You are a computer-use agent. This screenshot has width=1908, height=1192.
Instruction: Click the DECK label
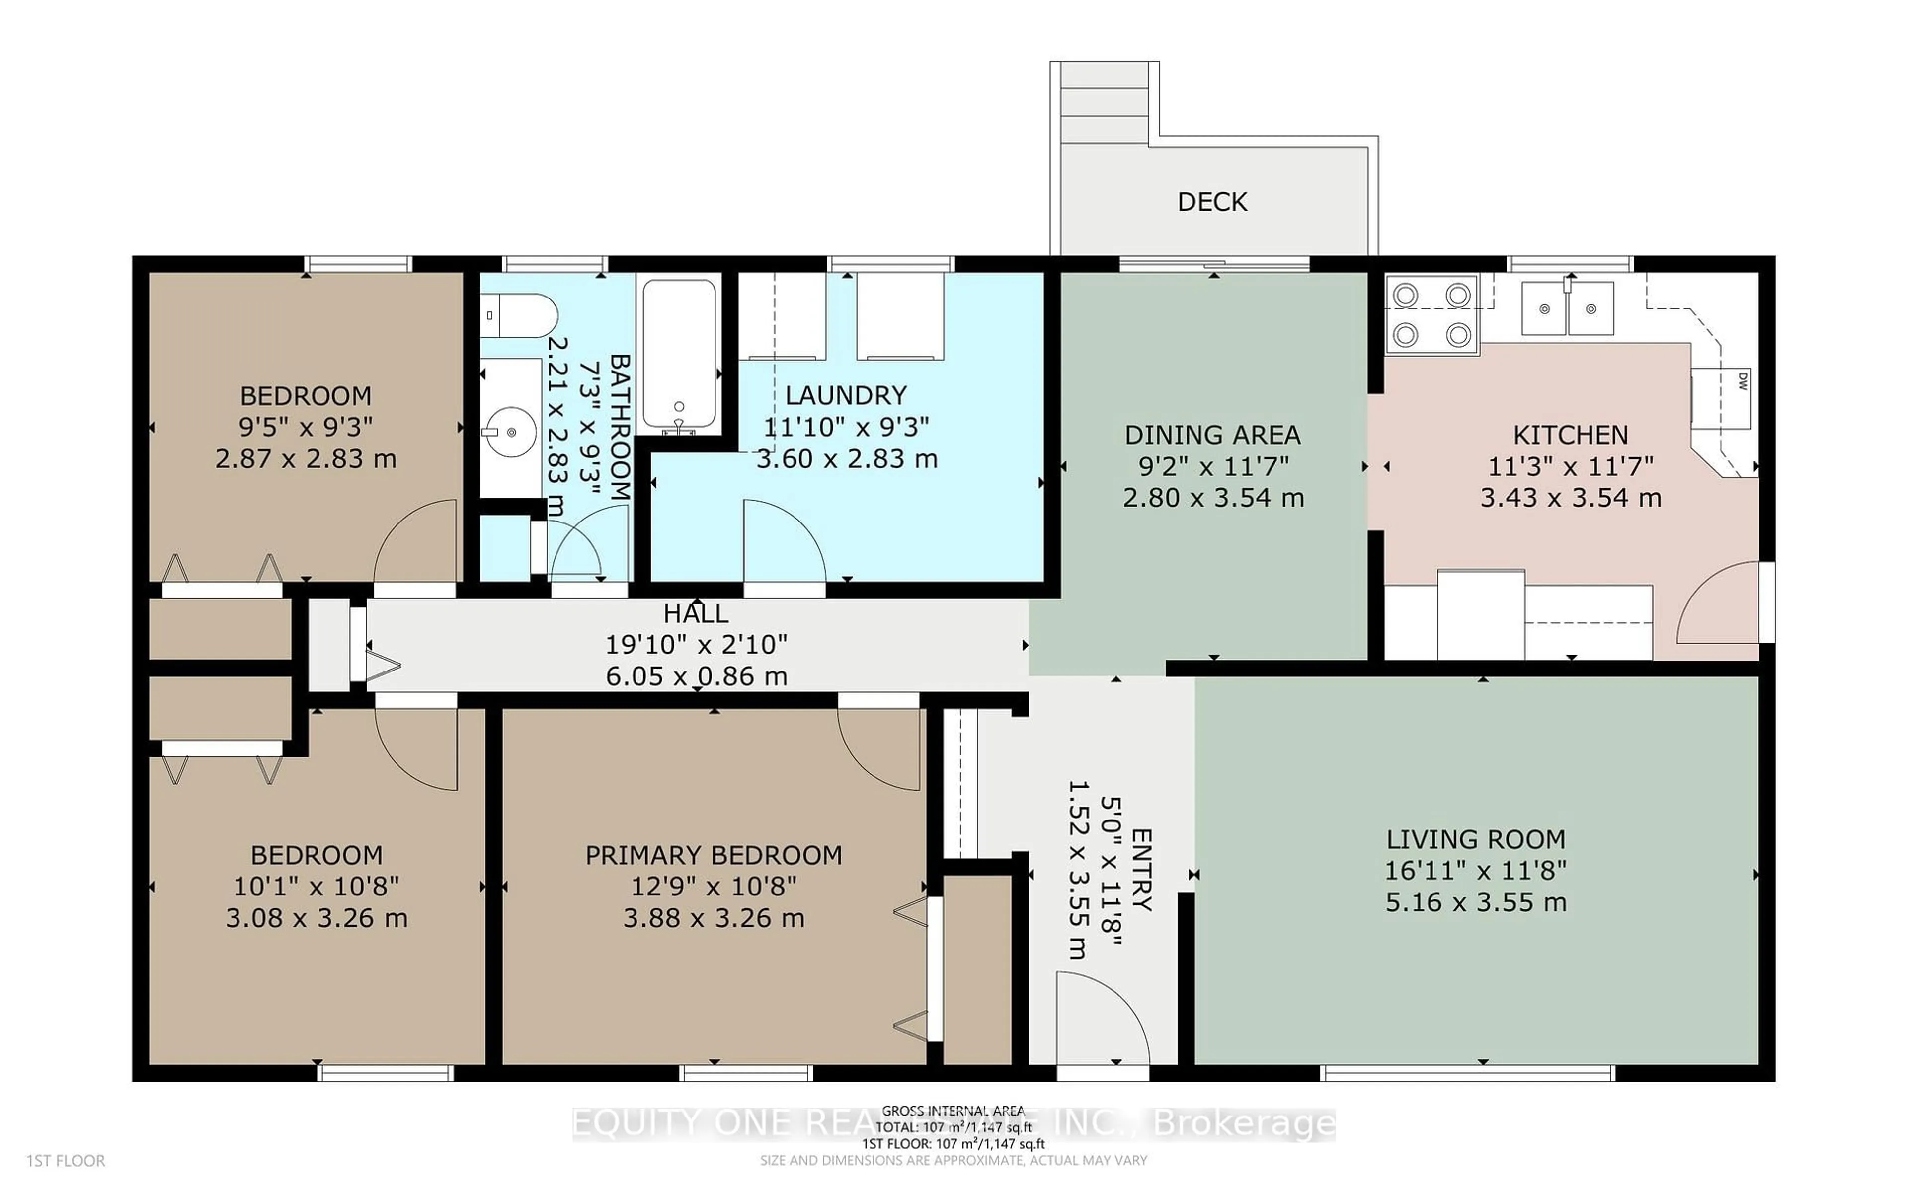tap(1212, 202)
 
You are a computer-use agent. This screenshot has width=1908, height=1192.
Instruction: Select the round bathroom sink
tap(511, 432)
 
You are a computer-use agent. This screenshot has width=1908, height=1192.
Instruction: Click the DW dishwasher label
tap(1743, 381)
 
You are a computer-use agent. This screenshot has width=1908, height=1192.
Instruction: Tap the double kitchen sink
tap(1568, 309)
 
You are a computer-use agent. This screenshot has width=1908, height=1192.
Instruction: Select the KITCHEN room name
tap(1570, 435)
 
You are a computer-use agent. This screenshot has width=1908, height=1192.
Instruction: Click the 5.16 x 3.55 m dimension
tap(1476, 902)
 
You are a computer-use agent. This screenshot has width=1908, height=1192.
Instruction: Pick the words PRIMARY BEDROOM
tap(714, 855)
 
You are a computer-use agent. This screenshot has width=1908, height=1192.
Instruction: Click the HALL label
tap(696, 613)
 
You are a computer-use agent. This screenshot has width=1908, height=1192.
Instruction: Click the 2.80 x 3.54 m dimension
tap(1213, 498)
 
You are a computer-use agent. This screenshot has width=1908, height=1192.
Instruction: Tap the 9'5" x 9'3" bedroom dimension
tap(306, 427)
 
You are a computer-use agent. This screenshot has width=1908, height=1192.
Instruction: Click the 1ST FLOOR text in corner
tap(66, 1161)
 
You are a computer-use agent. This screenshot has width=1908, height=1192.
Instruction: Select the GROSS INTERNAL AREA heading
tap(953, 1110)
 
